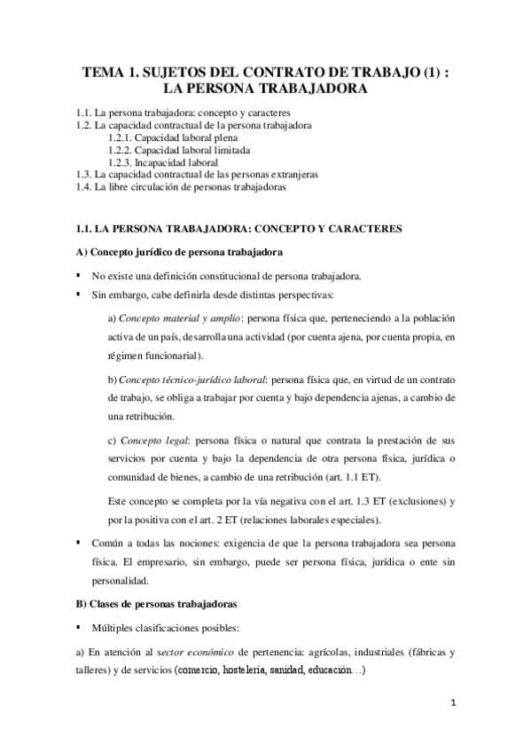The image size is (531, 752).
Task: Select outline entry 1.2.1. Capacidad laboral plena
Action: [x=172, y=138]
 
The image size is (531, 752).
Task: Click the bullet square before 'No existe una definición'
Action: [x=80, y=274]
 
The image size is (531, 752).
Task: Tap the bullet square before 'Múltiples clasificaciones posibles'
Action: [x=80, y=627]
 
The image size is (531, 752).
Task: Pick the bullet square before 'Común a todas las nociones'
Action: [x=80, y=543]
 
